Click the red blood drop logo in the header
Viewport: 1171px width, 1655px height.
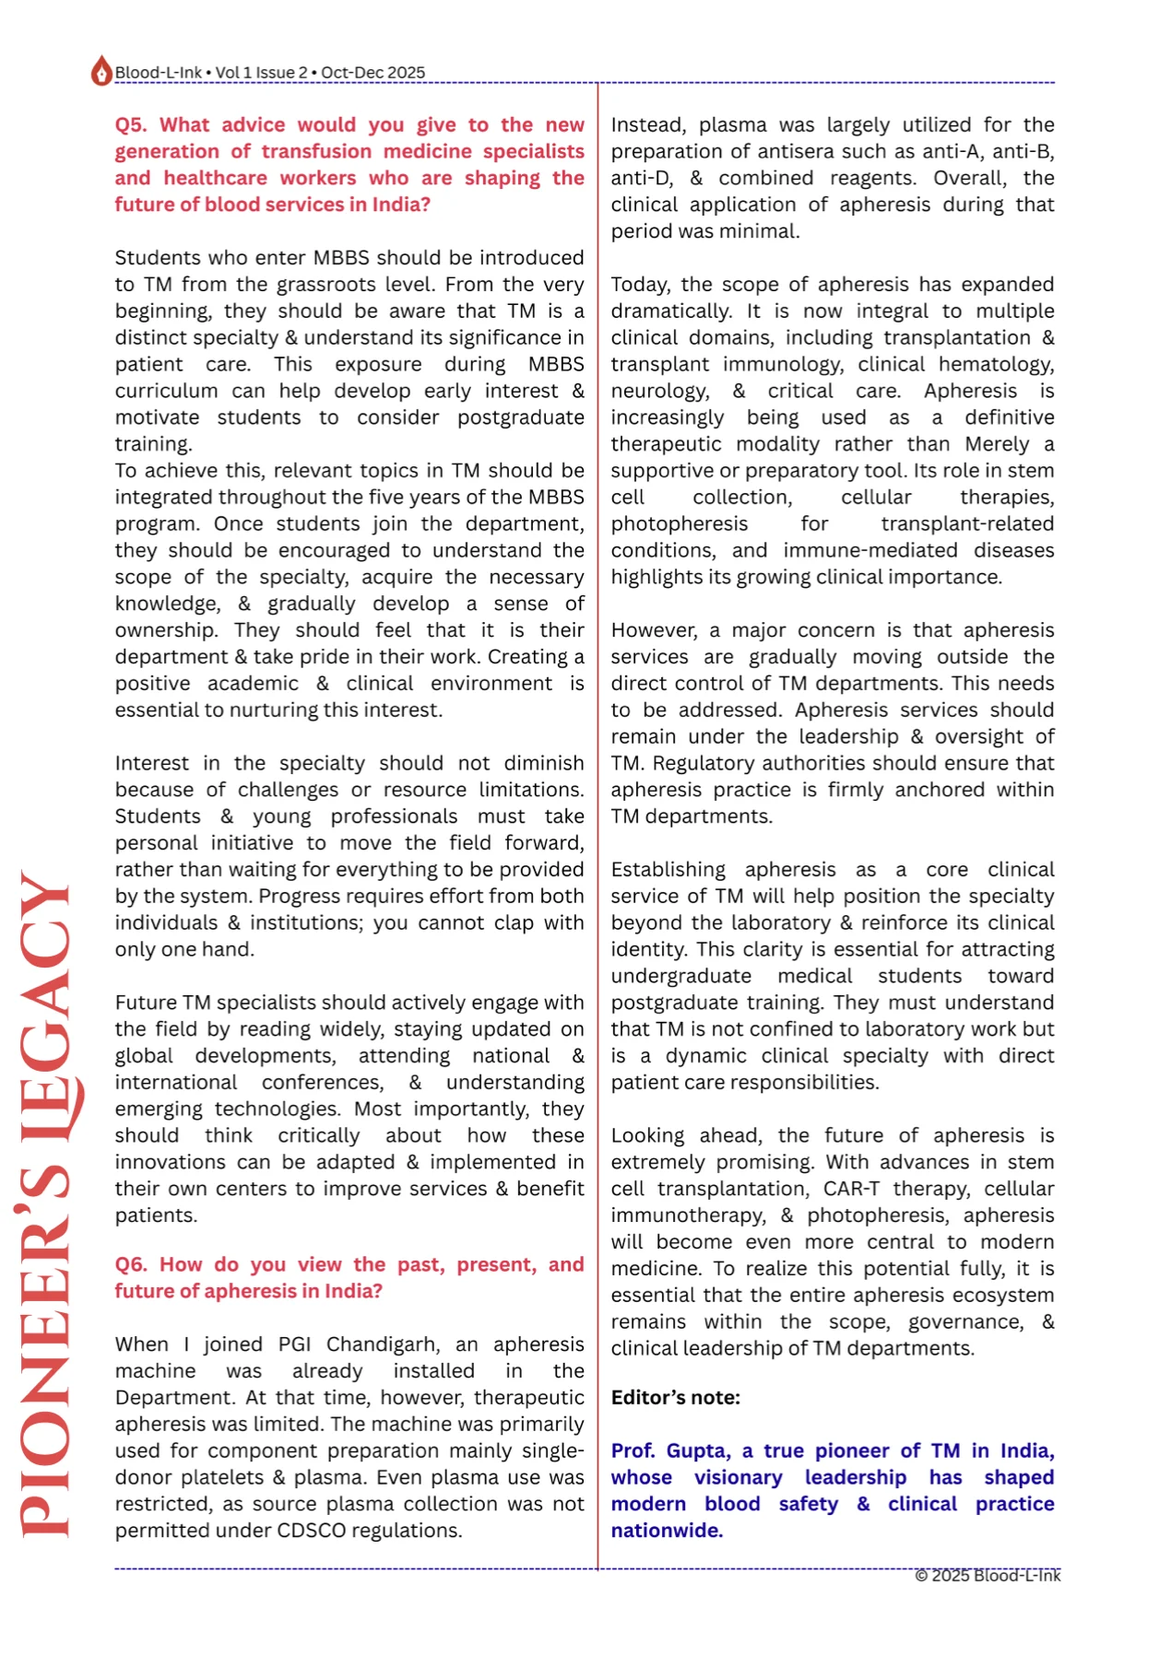pyautogui.click(x=101, y=72)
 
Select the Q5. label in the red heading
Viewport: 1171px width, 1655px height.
pyautogui.click(x=131, y=125)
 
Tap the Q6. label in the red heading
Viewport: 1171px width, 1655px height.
pyautogui.click(x=131, y=1264)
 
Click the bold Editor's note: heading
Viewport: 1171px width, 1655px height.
pyautogui.click(x=675, y=1397)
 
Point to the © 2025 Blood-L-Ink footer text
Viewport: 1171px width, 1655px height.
pyautogui.click(x=987, y=1575)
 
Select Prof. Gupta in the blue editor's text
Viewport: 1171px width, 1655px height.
pyautogui.click(x=670, y=1450)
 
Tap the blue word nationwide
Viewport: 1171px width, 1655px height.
pyautogui.click(x=666, y=1531)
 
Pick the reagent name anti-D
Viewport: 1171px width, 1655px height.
pyautogui.click(x=641, y=179)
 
